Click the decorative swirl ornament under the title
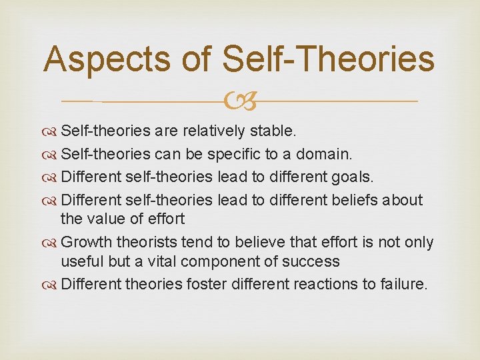240,101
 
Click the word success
315,261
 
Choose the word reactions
321,284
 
